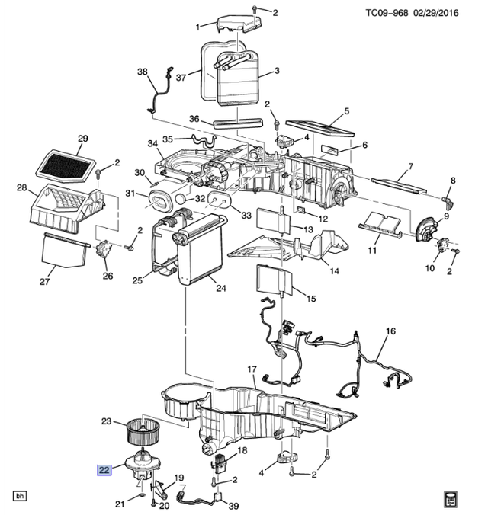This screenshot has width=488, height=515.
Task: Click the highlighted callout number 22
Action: click(103, 470)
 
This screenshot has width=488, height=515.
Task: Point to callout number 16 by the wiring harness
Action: click(390, 331)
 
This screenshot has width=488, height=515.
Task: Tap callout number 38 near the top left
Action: click(143, 72)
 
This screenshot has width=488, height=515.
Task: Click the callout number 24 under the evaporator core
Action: click(221, 288)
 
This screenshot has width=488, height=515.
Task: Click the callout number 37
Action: click(181, 78)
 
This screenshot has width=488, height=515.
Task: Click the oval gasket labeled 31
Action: click(158, 199)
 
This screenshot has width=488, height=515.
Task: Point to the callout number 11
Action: click(373, 251)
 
